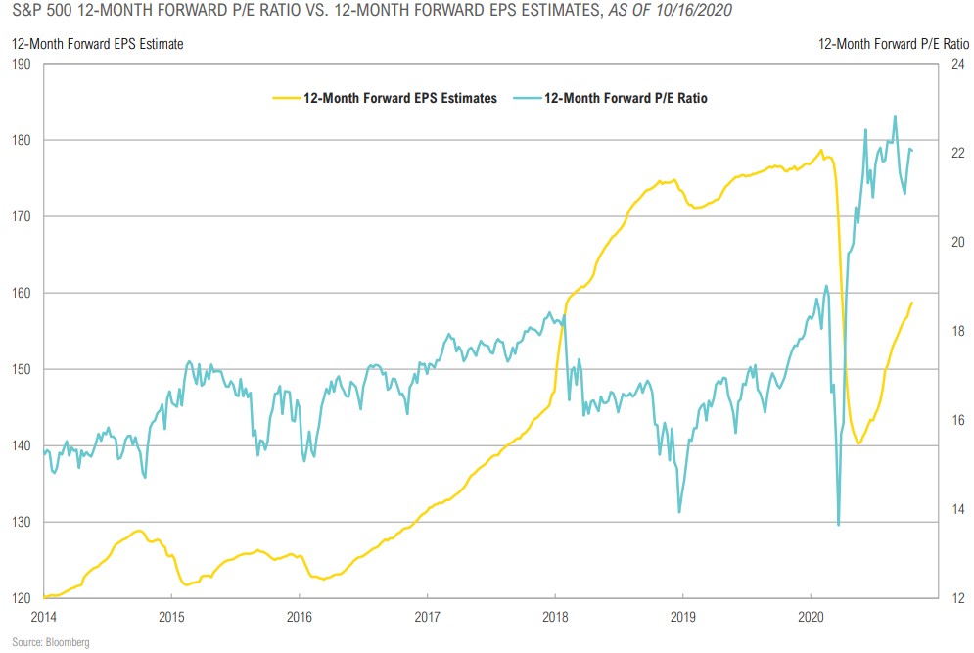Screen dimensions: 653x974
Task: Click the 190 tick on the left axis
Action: point(22,65)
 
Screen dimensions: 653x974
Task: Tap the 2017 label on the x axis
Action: point(427,617)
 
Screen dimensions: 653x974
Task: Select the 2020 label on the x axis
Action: point(811,617)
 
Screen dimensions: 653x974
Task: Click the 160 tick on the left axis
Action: point(22,293)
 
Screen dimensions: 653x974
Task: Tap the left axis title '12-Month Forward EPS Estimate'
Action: point(97,43)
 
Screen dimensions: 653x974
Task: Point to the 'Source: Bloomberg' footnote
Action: point(51,641)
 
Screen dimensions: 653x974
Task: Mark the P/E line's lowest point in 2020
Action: point(838,525)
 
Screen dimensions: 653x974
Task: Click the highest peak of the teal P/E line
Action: point(895,116)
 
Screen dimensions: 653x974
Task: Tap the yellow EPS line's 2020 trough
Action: point(858,443)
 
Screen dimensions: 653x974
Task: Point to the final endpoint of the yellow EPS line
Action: point(912,302)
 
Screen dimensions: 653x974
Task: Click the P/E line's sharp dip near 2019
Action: point(679,511)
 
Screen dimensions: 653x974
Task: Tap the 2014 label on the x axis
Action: point(44,617)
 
